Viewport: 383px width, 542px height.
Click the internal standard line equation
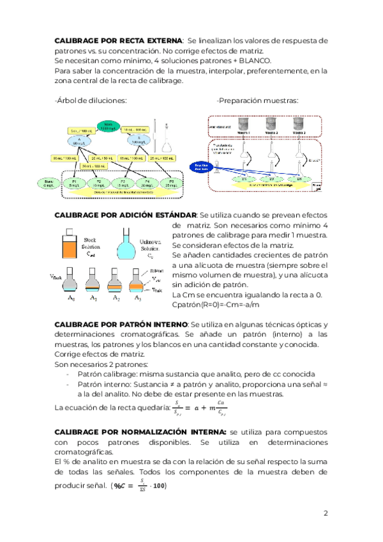[x=199, y=407]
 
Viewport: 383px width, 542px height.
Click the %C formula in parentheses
[x=139, y=486]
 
